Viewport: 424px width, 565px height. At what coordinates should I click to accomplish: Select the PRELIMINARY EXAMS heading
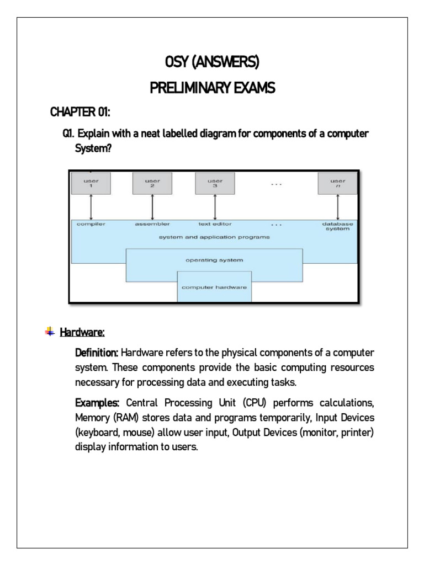[x=211, y=88]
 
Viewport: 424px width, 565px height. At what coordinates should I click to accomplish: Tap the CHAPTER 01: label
[x=80, y=113]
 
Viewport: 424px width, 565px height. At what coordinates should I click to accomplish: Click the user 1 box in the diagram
[x=91, y=183]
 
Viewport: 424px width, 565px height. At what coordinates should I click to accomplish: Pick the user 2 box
[x=152, y=183]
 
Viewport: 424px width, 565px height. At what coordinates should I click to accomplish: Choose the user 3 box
[x=215, y=183]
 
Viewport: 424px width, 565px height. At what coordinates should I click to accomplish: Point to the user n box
[x=337, y=183]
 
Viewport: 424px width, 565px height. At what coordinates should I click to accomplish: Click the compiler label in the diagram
[x=91, y=224]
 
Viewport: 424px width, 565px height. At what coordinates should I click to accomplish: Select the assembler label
[x=152, y=224]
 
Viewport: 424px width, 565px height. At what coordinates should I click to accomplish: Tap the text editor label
[x=215, y=224]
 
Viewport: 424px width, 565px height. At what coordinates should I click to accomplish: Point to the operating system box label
[x=214, y=259]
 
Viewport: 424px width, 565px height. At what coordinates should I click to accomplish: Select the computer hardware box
[x=214, y=287]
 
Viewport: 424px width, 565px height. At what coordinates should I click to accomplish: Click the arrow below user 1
[x=91, y=207]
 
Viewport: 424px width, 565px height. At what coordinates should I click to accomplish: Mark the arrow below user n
[x=337, y=207]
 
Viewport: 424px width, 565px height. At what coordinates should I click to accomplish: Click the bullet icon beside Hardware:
[x=49, y=332]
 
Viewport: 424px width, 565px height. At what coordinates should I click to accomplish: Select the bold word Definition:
[x=97, y=353]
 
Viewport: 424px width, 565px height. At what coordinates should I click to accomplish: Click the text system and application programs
[x=214, y=237]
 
